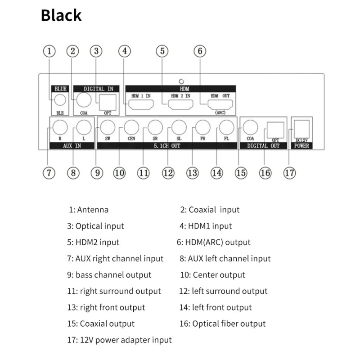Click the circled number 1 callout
click(49, 51)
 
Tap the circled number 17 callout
click(289, 173)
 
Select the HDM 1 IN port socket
click(141, 105)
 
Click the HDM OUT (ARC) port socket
click(220, 105)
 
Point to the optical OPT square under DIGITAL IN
click(108, 103)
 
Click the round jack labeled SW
click(108, 127)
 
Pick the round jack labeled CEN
click(131, 127)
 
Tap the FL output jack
click(227, 127)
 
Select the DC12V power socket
click(301, 129)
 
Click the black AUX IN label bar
click(72, 146)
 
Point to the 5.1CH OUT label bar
click(167, 146)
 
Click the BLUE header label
click(60, 89)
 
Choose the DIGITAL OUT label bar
click(263, 146)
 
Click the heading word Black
click(61, 15)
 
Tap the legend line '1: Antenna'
click(89, 210)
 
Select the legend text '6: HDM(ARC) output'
click(213, 243)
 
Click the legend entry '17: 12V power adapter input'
click(119, 340)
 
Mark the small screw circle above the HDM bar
click(181, 81)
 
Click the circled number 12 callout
click(168, 173)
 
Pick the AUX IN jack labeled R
click(60, 127)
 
